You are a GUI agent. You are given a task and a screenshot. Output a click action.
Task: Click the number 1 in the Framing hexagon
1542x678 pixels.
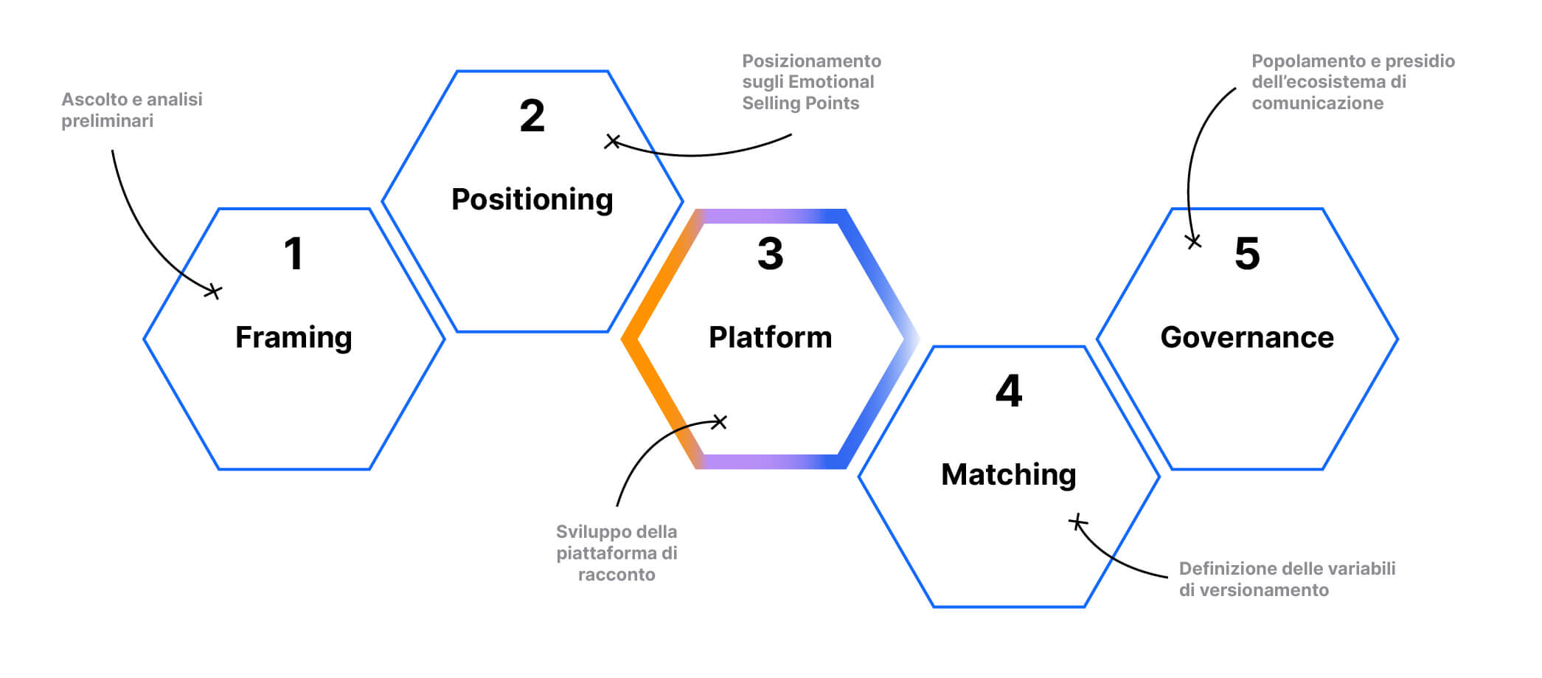coord(294,254)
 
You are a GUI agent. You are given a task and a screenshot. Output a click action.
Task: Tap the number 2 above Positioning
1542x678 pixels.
coord(532,117)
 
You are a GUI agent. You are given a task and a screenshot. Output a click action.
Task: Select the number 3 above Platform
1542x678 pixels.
coord(770,254)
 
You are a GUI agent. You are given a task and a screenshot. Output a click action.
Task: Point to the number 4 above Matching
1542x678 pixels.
coord(1009,391)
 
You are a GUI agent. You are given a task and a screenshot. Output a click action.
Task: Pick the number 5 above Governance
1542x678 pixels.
coord(1247,254)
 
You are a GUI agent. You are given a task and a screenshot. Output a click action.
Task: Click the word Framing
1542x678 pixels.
coord(294,337)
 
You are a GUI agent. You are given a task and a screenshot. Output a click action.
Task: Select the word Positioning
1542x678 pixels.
coord(532,199)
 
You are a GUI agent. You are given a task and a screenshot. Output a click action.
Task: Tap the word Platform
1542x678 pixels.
coord(770,337)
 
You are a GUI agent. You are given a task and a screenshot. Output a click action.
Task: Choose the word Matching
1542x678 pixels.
coord(1009,474)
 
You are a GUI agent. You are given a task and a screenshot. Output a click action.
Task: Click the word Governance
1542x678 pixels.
coord(1247,337)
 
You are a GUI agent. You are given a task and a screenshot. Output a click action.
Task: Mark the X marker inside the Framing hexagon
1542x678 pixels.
coord(212,291)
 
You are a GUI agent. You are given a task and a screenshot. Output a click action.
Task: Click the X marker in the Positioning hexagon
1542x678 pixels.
coord(612,141)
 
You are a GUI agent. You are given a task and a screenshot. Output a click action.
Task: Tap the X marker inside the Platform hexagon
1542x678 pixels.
coord(719,421)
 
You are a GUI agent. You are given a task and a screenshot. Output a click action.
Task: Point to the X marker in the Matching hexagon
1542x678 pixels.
coord(1077,522)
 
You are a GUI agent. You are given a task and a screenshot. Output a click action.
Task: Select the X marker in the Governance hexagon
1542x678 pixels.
coord(1193,241)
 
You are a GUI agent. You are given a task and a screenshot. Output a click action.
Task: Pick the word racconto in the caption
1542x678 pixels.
coord(617,575)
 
